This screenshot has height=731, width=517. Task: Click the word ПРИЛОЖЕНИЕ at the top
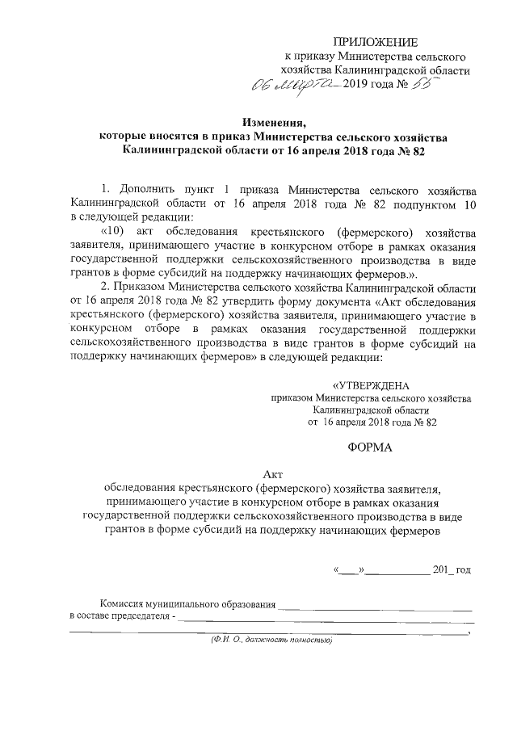click(x=376, y=42)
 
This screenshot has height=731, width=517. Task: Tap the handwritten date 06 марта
click(x=295, y=85)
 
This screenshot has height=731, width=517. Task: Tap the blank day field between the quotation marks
click(x=349, y=570)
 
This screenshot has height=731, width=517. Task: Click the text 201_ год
click(x=452, y=569)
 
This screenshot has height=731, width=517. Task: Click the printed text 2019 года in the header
click(x=375, y=86)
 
